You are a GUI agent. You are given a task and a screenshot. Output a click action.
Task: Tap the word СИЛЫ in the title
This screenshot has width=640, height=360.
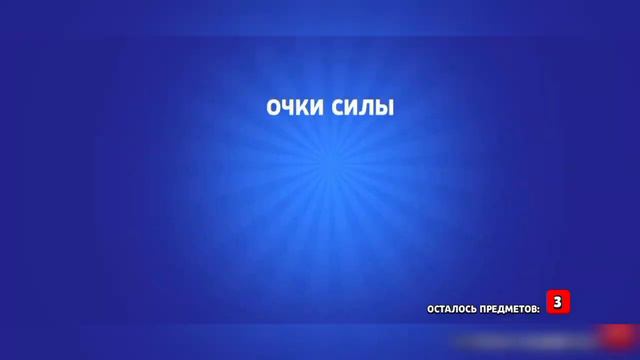(x=361, y=107)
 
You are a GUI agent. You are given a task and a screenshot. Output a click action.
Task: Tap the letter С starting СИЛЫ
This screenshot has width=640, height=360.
(x=335, y=107)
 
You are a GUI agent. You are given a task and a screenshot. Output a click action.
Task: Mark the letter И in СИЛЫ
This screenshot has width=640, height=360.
(x=349, y=107)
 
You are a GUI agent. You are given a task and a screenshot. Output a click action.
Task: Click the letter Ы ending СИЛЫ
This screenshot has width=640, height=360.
(x=383, y=107)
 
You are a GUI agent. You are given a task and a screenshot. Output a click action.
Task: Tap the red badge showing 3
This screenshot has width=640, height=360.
(x=558, y=301)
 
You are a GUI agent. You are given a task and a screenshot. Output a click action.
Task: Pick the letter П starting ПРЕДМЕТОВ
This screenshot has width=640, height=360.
(x=479, y=308)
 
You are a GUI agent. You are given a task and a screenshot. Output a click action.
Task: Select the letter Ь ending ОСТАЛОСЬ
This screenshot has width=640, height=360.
(x=471, y=308)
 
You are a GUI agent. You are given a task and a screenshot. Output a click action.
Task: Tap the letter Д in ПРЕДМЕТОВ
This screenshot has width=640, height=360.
(x=498, y=308)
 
